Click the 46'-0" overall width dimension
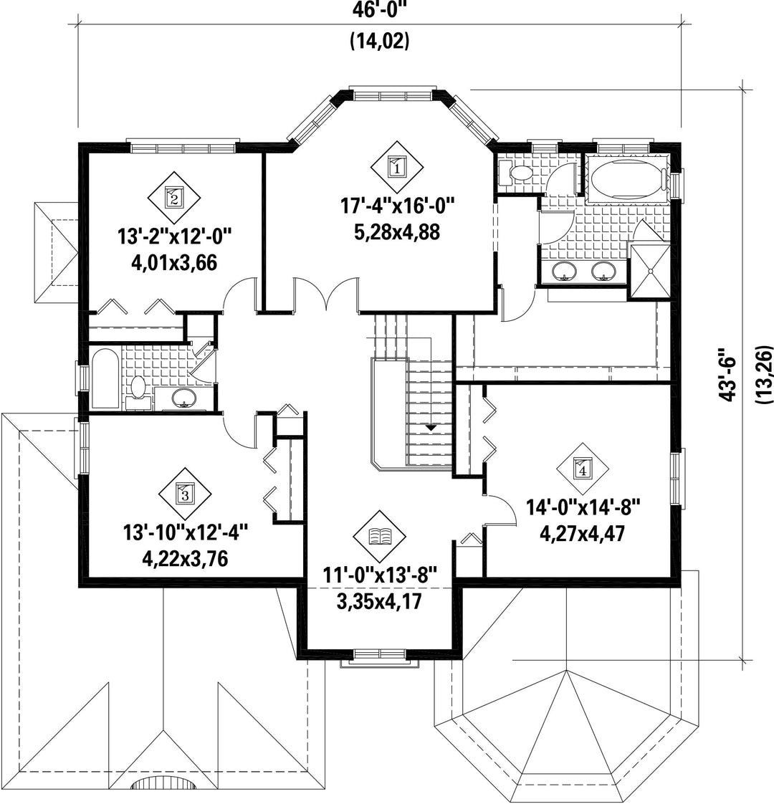tap(380, 10)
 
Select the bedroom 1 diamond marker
tap(398, 167)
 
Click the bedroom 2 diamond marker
tap(174, 197)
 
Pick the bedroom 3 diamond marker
tap(185, 494)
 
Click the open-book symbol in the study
tap(380, 536)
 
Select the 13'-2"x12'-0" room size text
tap(175, 237)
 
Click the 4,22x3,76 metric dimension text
tap(185, 559)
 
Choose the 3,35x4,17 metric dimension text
tap(379, 600)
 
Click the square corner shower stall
tap(649, 272)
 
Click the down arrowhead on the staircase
tap(430, 426)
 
